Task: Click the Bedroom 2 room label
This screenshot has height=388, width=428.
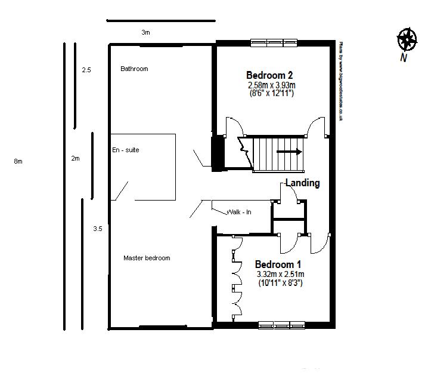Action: pos(269,75)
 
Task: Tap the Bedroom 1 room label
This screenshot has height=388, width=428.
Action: pos(278,264)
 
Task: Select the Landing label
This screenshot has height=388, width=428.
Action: pos(302,183)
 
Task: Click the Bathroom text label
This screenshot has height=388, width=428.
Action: pos(134,69)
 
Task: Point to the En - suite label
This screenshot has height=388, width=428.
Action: pos(125,150)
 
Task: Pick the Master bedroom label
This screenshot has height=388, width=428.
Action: pos(147,258)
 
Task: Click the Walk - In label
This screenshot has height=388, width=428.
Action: pos(238,212)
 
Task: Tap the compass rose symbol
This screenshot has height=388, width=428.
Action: pos(407,40)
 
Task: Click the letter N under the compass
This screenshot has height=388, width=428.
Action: pos(404,58)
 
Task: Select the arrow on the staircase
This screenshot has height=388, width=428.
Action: pos(290,152)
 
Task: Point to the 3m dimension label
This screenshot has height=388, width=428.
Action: pos(145,33)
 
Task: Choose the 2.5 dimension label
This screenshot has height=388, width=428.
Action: pos(86,70)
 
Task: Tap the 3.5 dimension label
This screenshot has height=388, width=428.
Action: pos(97,228)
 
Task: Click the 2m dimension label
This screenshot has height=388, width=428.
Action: pos(75,158)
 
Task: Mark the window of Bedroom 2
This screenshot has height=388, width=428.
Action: pos(274,42)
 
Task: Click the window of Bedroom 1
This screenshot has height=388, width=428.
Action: pos(281,325)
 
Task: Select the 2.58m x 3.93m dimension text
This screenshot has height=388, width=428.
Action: pos(272,85)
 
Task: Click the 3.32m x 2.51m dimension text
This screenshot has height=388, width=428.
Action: pos(280,275)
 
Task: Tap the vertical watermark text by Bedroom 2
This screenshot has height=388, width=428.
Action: pos(340,81)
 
